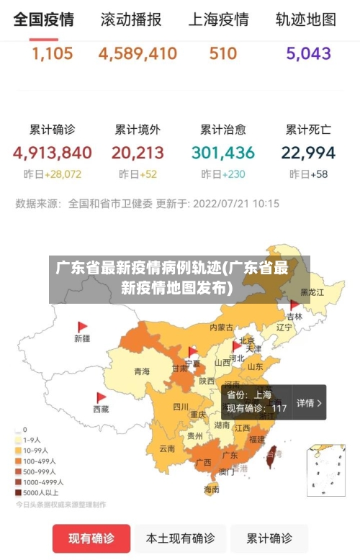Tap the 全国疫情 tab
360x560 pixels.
pos(43,19)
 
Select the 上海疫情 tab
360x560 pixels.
pos(218,19)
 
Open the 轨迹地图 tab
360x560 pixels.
pos(305,19)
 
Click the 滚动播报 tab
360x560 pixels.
pos(131,19)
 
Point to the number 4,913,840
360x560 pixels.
pos(52,153)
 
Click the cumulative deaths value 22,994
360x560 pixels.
pos(308,153)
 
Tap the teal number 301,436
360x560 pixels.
pos(223,153)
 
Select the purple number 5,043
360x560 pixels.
pos(308,53)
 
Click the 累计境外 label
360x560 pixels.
pos(138,130)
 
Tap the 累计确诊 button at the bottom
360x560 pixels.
pos(269,538)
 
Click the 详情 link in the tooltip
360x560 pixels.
pos(309,403)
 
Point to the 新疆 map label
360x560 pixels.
pos(82,338)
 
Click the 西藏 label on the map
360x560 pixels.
pos(101,409)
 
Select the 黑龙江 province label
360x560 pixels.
pos(312,292)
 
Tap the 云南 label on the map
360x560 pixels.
pos(167,448)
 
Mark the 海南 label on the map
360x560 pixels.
pos(211,489)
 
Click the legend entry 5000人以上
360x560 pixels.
pos(40,492)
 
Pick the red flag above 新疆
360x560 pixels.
pos(82,326)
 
